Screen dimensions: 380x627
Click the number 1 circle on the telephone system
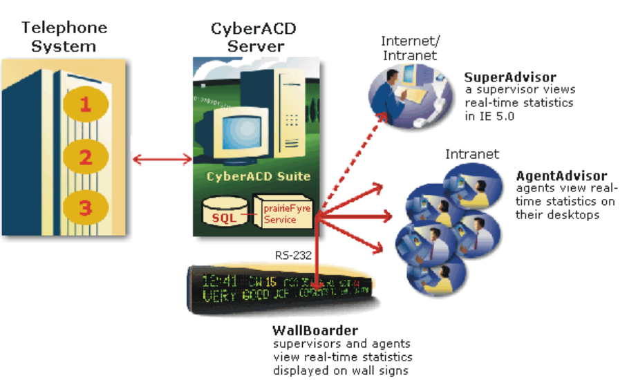tap(84, 105)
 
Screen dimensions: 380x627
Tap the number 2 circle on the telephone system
tap(84, 157)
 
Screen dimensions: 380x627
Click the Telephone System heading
tap(64, 37)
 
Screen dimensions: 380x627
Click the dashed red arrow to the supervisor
tap(353, 162)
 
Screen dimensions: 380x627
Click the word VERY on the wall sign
tap(219, 298)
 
